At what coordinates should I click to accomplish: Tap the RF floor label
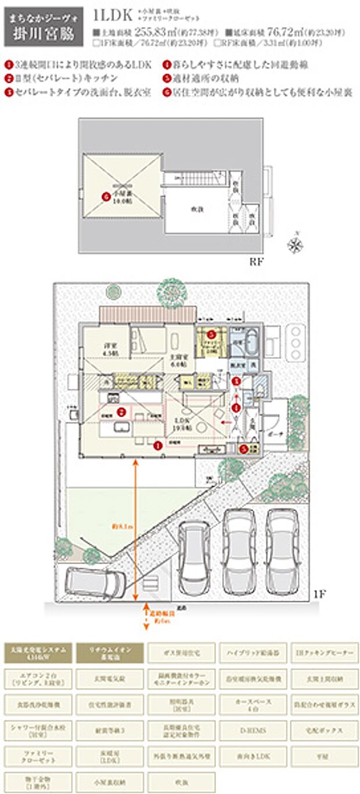pos(257,261)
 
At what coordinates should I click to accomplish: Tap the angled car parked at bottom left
pos(94,582)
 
